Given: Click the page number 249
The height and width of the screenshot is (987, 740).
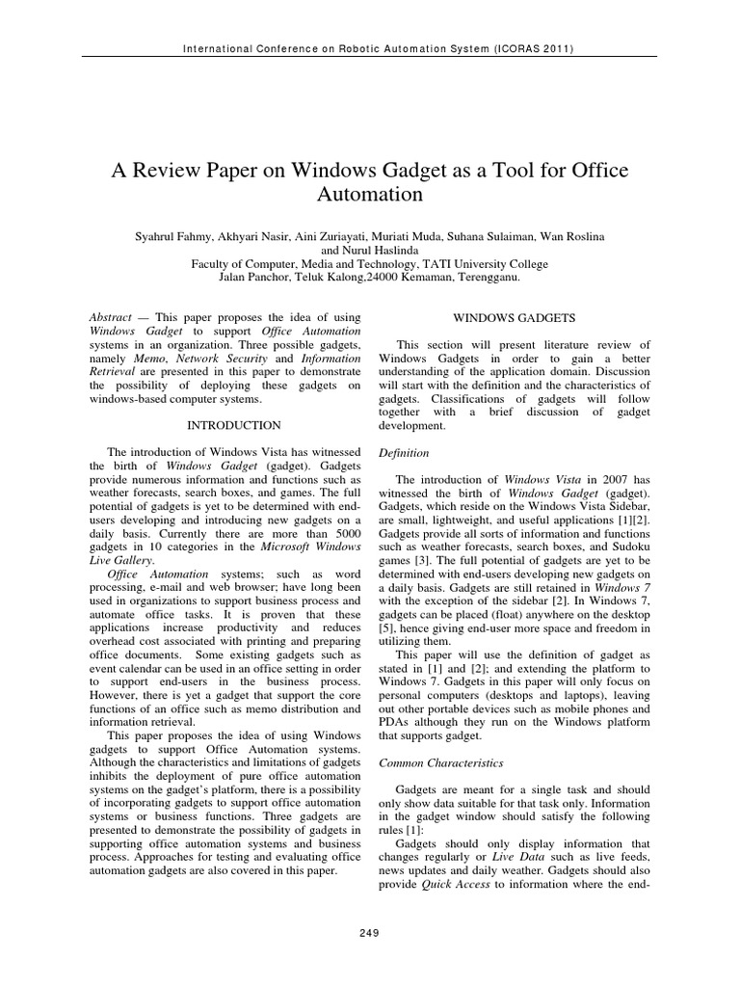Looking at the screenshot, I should click(x=369, y=932).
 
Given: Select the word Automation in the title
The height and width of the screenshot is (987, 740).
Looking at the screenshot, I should click(x=370, y=194).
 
